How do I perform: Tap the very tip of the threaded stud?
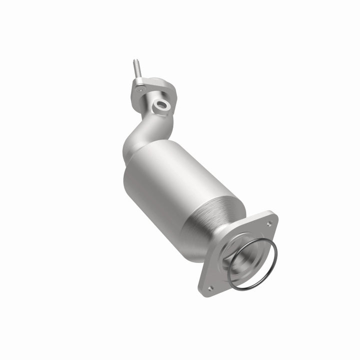(134, 60)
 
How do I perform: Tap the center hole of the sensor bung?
(161, 104)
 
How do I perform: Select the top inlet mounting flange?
(150, 92)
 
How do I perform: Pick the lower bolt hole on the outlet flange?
(210, 287)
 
